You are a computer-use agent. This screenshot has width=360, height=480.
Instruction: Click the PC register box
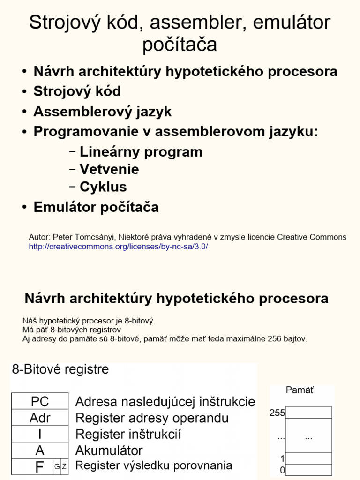(x=40, y=401)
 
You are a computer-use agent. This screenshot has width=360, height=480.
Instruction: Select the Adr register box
(x=40, y=418)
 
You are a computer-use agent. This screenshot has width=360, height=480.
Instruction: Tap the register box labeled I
(x=40, y=434)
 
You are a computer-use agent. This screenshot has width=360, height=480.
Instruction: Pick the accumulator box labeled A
(x=40, y=450)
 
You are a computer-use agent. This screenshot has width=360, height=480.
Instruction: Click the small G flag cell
(x=57, y=466)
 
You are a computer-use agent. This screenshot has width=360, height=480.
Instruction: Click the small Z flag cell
(x=64, y=466)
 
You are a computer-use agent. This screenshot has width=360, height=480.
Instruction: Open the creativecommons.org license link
(x=118, y=247)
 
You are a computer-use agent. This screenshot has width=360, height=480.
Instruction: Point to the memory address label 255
(x=277, y=413)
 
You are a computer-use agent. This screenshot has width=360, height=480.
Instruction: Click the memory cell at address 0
(x=308, y=469)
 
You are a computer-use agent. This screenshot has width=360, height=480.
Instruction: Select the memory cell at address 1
(x=308, y=458)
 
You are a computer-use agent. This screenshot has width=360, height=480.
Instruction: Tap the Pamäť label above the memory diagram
(x=300, y=390)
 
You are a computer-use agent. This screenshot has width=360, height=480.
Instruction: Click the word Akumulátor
(x=109, y=450)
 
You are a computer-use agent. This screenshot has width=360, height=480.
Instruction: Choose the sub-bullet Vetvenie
(x=109, y=169)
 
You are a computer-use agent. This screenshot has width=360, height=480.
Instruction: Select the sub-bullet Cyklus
(x=103, y=187)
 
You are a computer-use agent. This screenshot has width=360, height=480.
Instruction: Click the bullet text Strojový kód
(x=77, y=91)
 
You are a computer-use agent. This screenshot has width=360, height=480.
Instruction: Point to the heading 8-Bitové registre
(x=60, y=369)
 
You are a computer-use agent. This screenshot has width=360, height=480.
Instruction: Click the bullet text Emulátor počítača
(x=96, y=207)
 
